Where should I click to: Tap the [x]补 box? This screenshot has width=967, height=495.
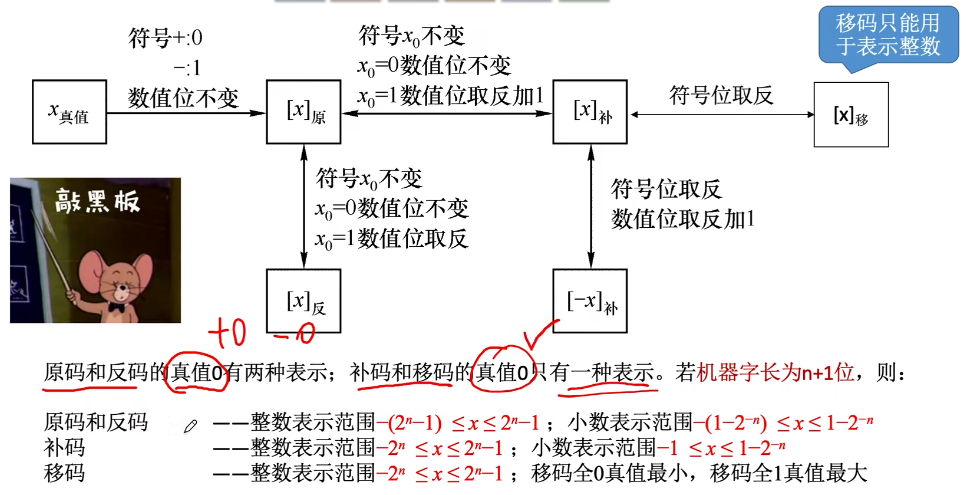[x=590, y=112]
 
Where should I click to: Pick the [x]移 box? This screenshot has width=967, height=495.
[x=850, y=114]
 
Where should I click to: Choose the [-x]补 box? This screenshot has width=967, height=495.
[x=590, y=300]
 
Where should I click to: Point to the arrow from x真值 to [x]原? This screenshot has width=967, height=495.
[x=185, y=113]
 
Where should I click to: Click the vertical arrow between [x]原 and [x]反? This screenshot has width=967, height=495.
[x=301, y=205]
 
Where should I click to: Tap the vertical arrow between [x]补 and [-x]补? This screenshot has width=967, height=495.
[x=591, y=205]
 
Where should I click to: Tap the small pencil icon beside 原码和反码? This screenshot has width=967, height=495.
[x=191, y=425]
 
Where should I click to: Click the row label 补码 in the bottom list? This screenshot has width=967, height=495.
[x=65, y=447]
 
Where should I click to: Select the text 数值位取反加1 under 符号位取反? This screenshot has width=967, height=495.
[x=683, y=218]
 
